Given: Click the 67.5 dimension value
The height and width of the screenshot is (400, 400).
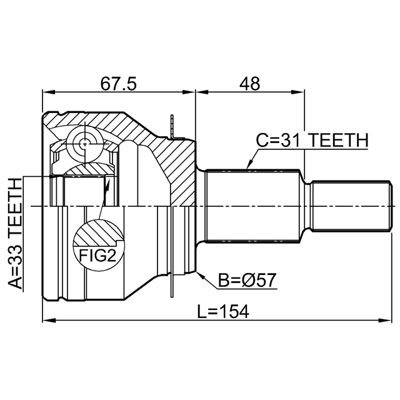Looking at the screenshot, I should click(118, 82).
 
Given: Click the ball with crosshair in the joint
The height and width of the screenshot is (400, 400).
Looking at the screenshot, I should click(84, 142).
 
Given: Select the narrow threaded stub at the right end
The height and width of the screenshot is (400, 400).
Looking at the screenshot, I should click(347, 205).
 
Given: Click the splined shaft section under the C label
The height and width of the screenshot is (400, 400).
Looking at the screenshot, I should click(253, 205).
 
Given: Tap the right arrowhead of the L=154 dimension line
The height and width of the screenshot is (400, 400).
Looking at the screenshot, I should click(379, 321).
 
